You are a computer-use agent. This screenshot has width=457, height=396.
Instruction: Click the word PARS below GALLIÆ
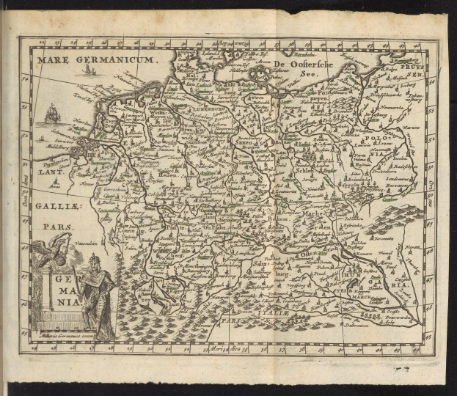pyautogui.click(x=53, y=227)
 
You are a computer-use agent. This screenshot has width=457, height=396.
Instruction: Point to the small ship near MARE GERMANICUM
pyautogui.click(x=89, y=70)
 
